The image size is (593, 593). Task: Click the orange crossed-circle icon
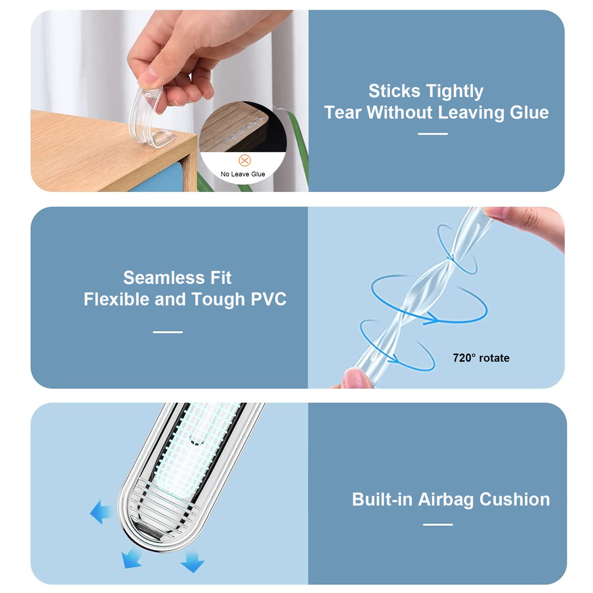(x=245, y=160)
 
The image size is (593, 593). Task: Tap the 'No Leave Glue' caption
(x=243, y=174)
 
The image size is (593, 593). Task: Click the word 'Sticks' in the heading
(x=394, y=91)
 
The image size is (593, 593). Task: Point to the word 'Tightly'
(x=455, y=92)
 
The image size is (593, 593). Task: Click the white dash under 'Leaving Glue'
(x=433, y=134)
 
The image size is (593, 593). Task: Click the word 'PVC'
(x=269, y=299)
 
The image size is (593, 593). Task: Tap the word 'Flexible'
(x=116, y=299)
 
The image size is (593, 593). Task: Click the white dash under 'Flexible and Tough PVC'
(x=168, y=332)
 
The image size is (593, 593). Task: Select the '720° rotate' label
(x=481, y=358)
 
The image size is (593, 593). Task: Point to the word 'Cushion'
(x=515, y=499)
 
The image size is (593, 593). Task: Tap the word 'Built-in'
(x=382, y=499)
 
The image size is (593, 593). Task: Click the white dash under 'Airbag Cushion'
(x=438, y=524)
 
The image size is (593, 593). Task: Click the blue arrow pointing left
(x=100, y=512)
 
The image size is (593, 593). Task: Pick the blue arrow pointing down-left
(x=132, y=559)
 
